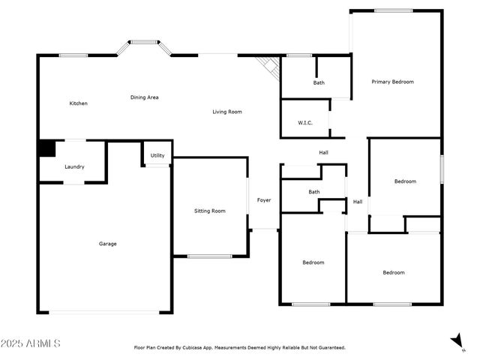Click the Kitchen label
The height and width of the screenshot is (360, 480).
79,103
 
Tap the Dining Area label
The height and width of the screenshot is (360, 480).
144,97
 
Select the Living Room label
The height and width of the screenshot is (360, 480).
226,112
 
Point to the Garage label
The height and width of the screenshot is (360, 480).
107,243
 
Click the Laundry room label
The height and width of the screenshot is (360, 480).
74,166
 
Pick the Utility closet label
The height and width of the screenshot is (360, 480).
157,155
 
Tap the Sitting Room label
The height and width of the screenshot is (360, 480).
210,211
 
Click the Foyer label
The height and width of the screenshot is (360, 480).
264,199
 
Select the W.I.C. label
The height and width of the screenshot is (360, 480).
304,122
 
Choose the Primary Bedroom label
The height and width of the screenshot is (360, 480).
392,82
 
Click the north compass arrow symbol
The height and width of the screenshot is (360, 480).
454,341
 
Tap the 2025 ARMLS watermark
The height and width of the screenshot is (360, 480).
31,343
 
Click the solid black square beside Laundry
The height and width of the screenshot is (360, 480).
46,148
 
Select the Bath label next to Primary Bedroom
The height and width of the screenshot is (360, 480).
319,82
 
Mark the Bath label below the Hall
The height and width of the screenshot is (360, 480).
313,192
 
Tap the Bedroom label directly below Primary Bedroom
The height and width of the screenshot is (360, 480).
405,181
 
